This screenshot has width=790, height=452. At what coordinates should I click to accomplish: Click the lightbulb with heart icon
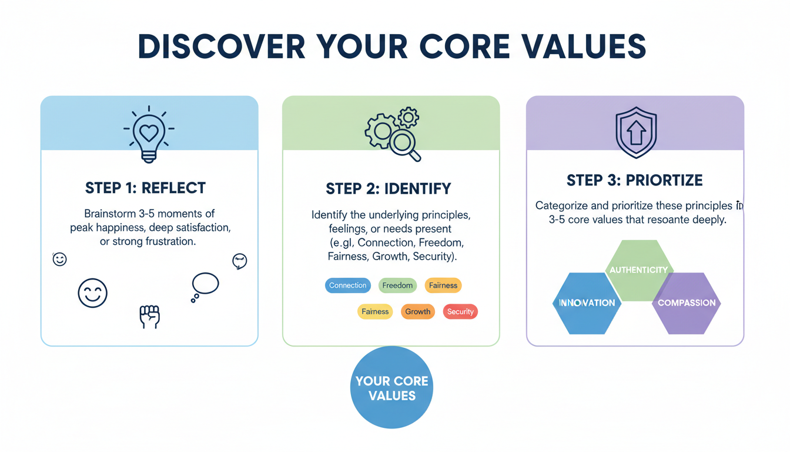coord(149,134)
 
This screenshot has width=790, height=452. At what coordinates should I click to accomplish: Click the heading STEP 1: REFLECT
coord(145,188)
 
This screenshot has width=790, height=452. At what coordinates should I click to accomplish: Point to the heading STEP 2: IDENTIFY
coord(389,189)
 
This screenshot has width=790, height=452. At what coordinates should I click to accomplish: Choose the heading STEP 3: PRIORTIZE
coord(634,180)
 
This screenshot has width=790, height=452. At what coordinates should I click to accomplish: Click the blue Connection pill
coord(347,285)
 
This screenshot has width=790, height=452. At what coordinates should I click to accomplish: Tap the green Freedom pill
coord(397,285)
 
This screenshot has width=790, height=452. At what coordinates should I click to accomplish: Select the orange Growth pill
coord(417,311)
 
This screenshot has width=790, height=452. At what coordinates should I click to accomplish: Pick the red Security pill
coord(460,311)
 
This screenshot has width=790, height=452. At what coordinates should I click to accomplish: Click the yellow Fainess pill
coord(375,311)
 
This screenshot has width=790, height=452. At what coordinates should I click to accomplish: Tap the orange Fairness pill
coord(443,285)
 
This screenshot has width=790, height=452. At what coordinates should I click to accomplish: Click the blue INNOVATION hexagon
coord(587,303)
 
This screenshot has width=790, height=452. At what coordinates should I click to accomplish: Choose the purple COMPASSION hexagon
coord(687,303)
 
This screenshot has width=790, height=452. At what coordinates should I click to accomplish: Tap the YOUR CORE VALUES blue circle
coord(391,388)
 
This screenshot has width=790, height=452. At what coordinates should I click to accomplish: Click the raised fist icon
coord(149,317)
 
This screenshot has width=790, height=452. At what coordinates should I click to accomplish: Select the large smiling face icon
coord(93,293)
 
